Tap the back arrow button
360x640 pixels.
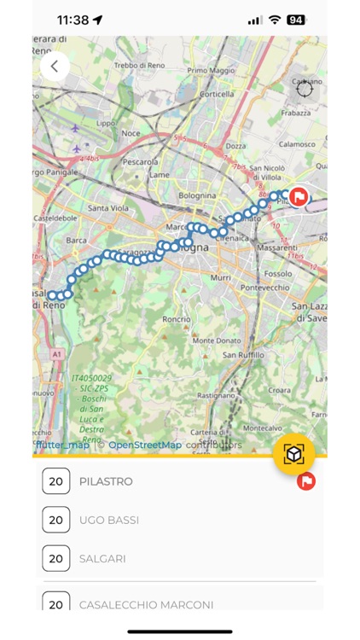point(55,66)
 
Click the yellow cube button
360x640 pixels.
point(294,454)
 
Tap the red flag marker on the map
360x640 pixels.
point(298,197)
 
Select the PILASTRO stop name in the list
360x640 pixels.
point(106,481)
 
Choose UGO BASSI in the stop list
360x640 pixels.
point(109,520)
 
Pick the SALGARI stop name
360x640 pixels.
point(102,559)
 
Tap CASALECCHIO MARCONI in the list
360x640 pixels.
point(146,604)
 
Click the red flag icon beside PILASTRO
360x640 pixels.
point(306,481)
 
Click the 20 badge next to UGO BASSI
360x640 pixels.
point(55,520)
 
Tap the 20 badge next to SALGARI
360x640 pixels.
point(55,559)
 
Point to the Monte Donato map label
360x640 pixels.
point(214,340)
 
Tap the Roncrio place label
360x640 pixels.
point(176,319)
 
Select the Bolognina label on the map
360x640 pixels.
point(197,195)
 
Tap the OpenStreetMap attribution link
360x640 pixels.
point(145,445)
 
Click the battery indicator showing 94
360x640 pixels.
point(296,19)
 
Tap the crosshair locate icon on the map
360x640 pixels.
point(305,88)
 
